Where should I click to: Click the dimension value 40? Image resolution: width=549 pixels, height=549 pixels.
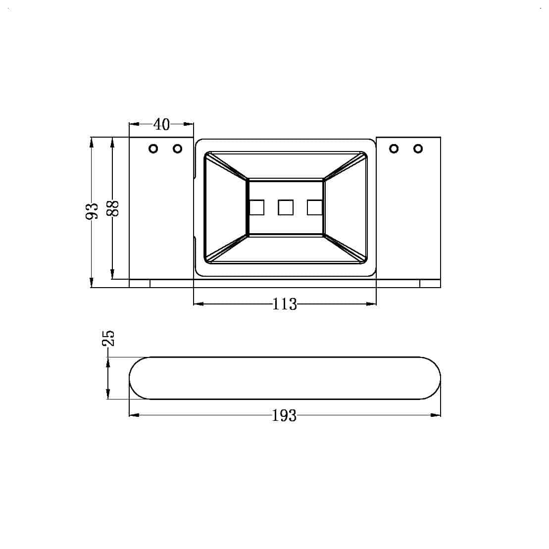[x=161, y=124]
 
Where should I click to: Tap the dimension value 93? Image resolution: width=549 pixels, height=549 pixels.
[x=92, y=211]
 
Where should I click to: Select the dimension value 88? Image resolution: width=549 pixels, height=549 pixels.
[x=113, y=209]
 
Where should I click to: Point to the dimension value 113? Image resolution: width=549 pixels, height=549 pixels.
[x=285, y=304]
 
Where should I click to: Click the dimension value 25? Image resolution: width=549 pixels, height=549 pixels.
[x=108, y=338]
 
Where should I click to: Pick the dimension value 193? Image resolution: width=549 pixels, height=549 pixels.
[x=284, y=416]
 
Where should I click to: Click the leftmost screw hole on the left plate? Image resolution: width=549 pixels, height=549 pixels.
[x=153, y=149]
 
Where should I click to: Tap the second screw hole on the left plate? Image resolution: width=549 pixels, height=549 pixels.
[x=178, y=149]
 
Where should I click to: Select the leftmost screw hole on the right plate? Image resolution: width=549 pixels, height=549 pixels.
[x=394, y=149]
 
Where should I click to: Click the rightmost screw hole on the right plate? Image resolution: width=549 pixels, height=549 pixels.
[x=418, y=149]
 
